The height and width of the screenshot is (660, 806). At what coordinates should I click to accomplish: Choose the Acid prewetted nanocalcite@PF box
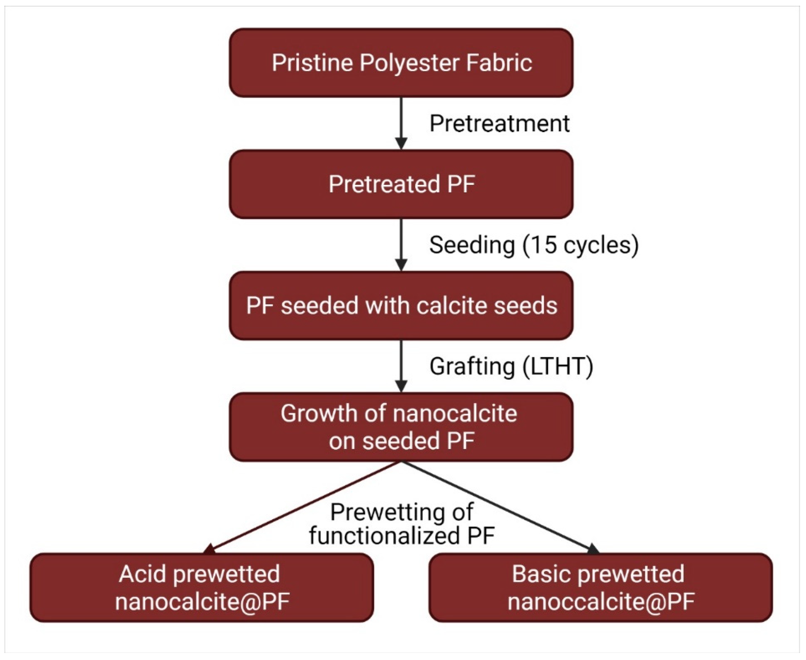201,587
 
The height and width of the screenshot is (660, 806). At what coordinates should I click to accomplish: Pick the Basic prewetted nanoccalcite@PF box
600,587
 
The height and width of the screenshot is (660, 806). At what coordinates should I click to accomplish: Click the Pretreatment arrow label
499,123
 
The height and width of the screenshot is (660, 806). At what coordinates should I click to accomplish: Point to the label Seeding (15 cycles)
533,245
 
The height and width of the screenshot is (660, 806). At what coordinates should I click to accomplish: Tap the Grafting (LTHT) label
511,366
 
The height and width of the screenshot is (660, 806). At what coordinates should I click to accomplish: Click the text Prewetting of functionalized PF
402,524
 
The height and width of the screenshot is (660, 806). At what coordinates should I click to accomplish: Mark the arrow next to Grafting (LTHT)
401,365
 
